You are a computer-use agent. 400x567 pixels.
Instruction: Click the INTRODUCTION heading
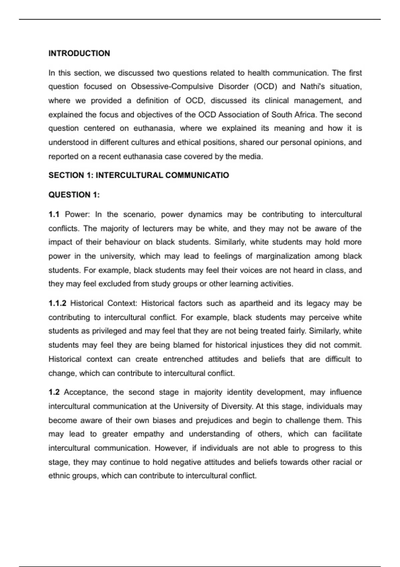(x=79, y=53)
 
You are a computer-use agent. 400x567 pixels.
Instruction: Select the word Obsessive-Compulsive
(x=172, y=87)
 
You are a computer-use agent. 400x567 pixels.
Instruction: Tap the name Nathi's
(x=312, y=87)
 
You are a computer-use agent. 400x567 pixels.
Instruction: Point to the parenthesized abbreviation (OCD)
(x=265, y=87)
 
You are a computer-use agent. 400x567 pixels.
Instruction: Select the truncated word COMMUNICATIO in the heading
(x=197, y=175)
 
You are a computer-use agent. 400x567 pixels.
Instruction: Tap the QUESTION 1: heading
(x=74, y=195)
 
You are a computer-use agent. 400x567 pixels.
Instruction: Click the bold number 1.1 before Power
(x=54, y=214)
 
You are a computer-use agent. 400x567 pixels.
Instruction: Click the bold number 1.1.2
(x=57, y=304)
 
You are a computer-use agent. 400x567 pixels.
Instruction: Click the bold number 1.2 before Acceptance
(x=54, y=392)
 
